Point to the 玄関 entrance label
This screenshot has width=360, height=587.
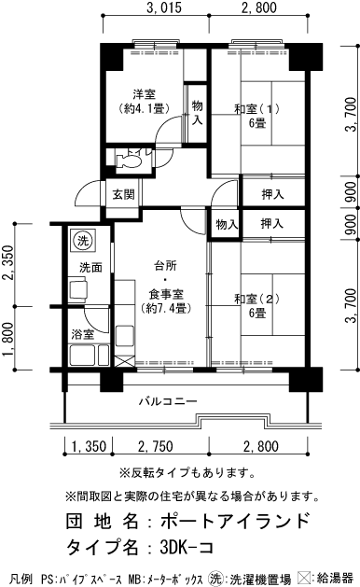[123, 194]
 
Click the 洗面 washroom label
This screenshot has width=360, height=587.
[90, 267]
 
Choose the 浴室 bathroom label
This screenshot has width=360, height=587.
[83, 333]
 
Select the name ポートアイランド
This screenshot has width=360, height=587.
[234, 520]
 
